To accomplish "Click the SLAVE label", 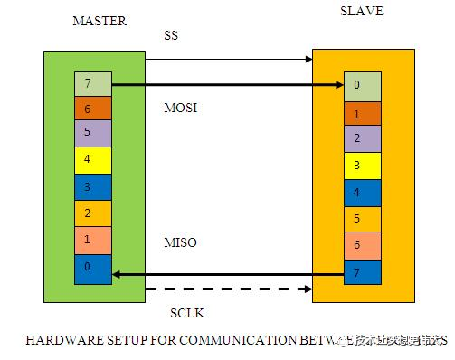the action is coord(361,11).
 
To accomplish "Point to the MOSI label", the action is coord(180,108).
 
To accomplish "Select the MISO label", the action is coord(180,243).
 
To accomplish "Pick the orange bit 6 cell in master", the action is coord(92,109).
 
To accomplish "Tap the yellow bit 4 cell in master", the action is coord(92,161).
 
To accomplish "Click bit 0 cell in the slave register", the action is coord(362,86).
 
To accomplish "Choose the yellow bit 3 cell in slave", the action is coord(362,166).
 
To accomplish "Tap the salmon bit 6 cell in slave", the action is coord(362,245).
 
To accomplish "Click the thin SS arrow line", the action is coord(226,60).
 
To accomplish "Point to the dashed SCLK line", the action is coord(226,289).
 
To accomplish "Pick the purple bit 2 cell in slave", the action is coord(362,138).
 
